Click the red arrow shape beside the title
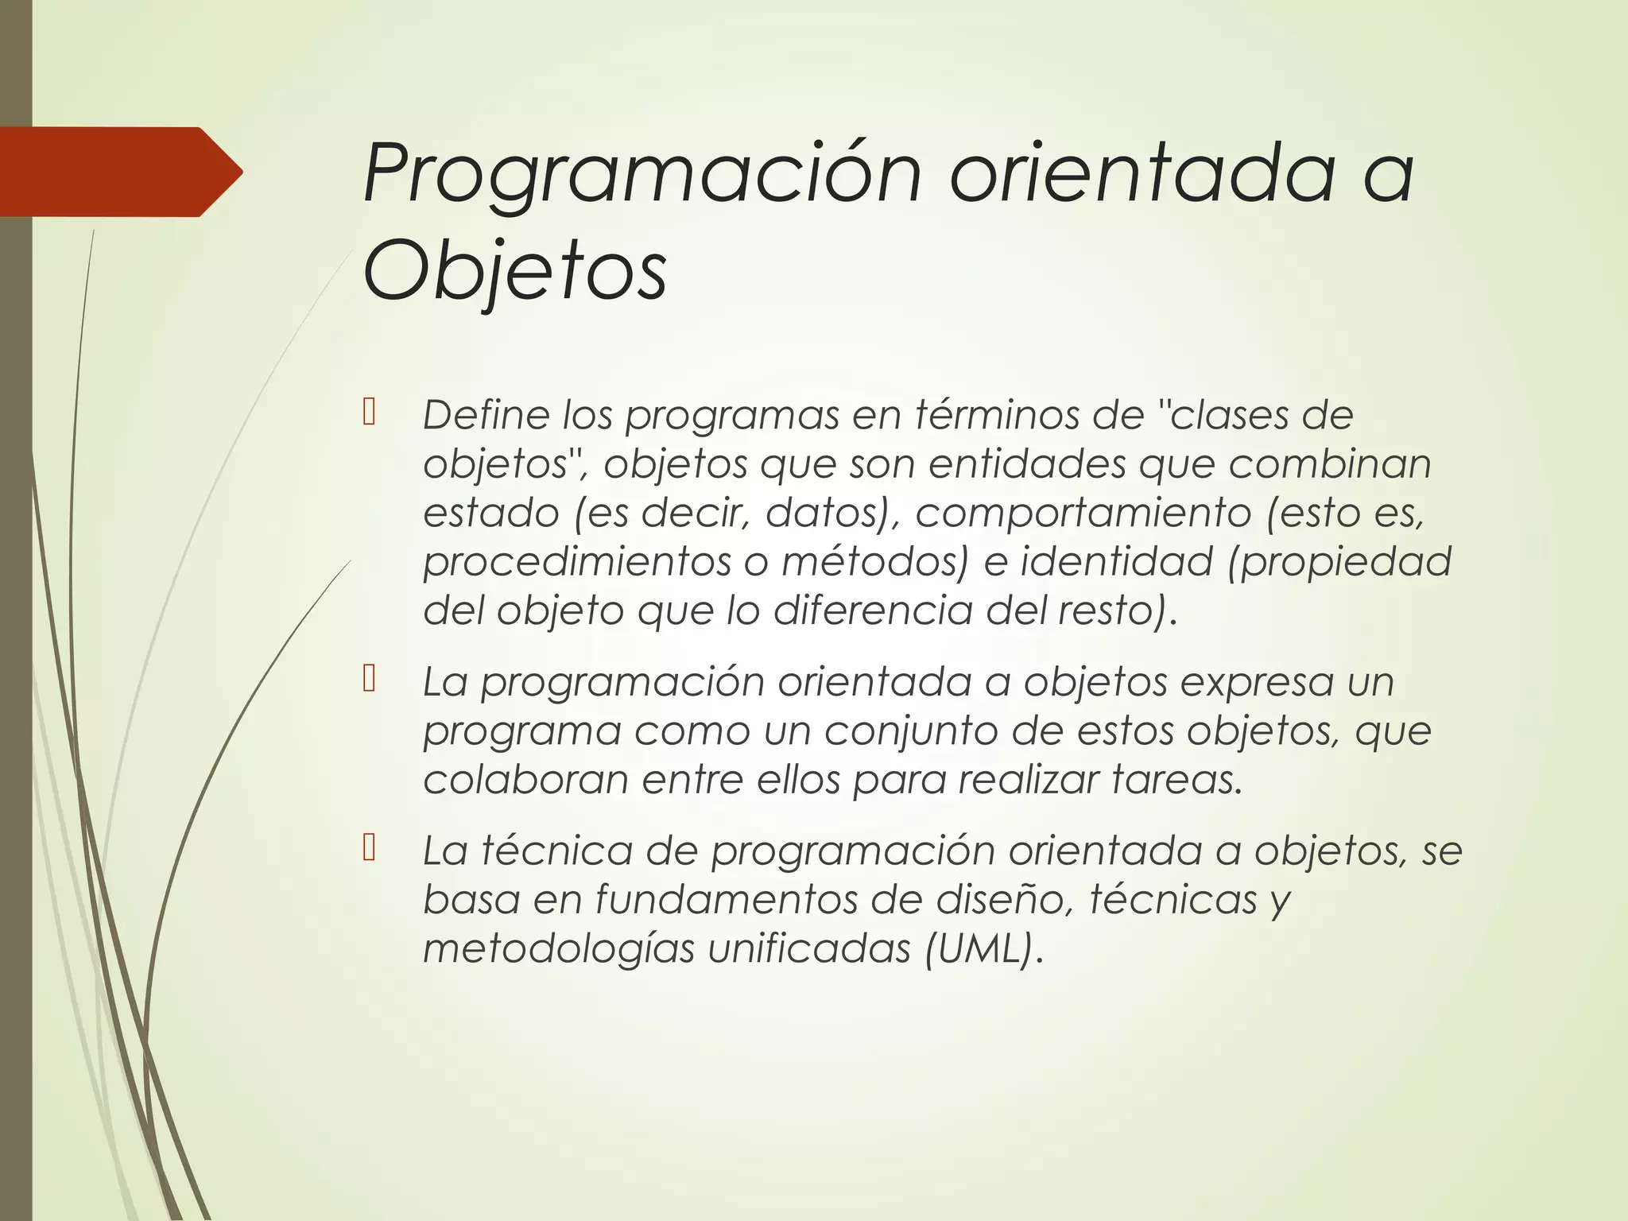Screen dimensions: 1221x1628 [x=119, y=172]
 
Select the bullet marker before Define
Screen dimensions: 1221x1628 [x=368, y=413]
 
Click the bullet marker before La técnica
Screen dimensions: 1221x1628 [x=368, y=848]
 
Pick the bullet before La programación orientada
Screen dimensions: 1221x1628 [x=368, y=680]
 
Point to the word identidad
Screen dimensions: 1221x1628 [x=1116, y=562]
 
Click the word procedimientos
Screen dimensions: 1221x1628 [x=576, y=562]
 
